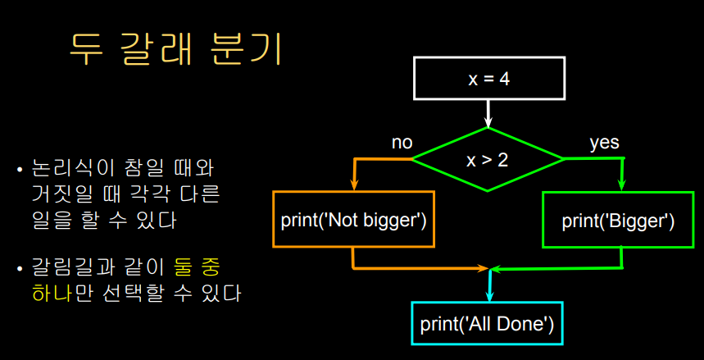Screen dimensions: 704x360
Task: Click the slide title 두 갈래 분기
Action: click(x=175, y=50)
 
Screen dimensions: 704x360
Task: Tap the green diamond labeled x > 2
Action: click(x=488, y=159)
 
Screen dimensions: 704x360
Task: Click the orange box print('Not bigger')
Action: click(x=353, y=220)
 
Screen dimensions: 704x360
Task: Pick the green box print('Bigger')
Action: click(x=618, y=220)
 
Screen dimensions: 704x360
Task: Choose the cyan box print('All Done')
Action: click(x=488, y=323)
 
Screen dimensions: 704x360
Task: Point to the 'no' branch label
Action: click(x=402, y=143)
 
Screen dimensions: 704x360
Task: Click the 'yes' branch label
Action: click(x=604, y=143)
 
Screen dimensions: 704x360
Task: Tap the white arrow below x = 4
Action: click(x=488, y=112)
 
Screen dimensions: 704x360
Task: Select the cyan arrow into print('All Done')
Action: click(x=489, y=287)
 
